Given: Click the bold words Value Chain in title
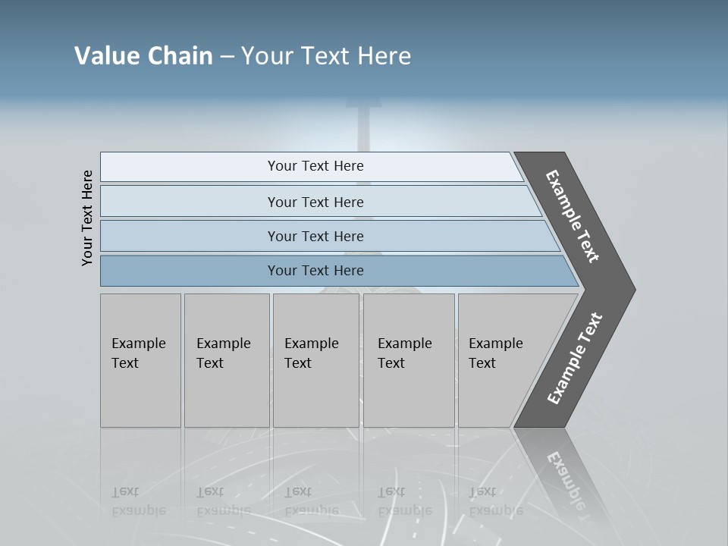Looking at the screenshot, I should click(143, 56).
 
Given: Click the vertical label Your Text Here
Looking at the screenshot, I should click(88, 218).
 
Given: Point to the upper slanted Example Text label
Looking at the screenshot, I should click(573, 216).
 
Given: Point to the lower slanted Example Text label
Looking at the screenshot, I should click(575, 359).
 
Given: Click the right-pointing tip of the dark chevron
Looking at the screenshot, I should click(631, 289).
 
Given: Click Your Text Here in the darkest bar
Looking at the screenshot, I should click(315, 271).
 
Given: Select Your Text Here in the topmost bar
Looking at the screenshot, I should click(315, 166).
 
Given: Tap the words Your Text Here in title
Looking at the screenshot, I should click(326, 56).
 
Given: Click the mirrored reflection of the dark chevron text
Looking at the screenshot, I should click(565, 482).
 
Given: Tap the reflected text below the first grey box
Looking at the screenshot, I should click(138, 501).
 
